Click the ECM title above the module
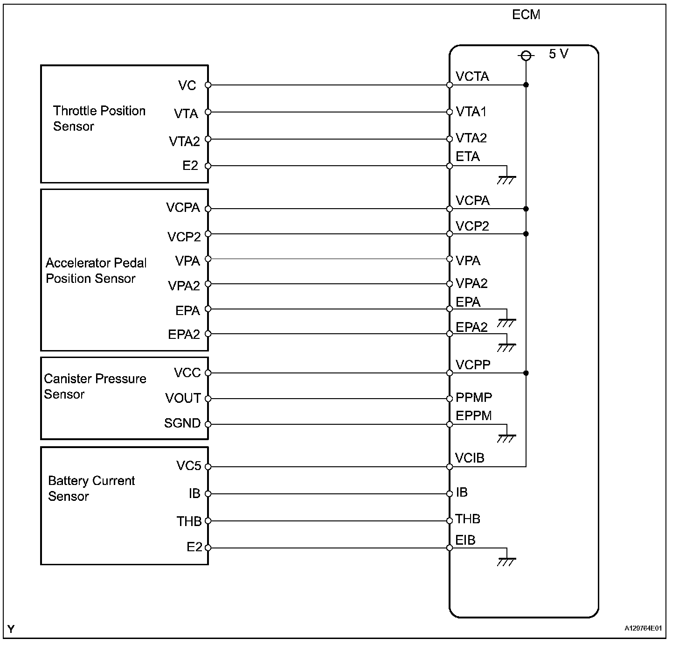[x=526, y=15]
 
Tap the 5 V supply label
[x=558, y=54]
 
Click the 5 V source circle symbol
[x=526, y=56]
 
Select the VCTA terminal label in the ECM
[x=472, y=77]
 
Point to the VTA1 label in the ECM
[x=471, y=112]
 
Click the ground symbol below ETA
[x=506, y=180]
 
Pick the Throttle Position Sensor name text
[x=99, y=119]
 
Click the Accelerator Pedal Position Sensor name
[x=96, y=271]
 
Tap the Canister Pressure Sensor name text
[x=95, y=386]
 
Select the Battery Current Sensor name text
[x=91, y=488]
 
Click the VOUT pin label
[x=183, y=399]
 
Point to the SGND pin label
[x=182, y=423]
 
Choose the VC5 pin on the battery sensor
[x=188, y=466]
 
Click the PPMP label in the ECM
[x=474, y=398]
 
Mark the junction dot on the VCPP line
[x=526, y=373]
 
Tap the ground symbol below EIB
[x=506, y=562]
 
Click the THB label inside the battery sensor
[x=188, y=521]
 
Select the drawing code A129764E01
[x=643, y=628]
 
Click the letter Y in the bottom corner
[x=11, y=629]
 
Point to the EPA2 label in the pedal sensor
[x=184, y=335]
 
